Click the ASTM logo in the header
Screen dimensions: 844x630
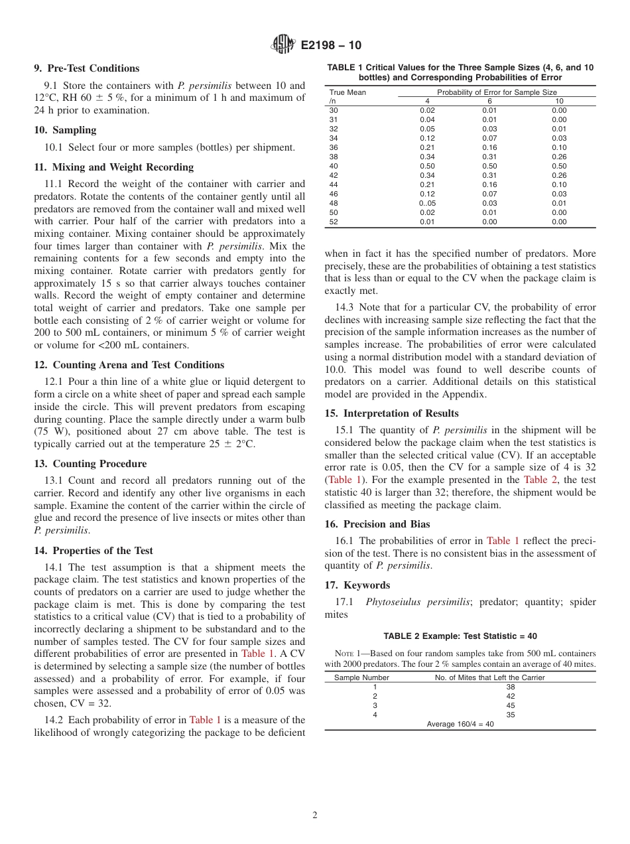pos(283,45)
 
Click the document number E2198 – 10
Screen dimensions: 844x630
pos(331,46)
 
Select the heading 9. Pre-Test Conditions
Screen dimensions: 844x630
pos(87,68)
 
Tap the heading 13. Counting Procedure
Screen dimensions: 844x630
pos(90,464)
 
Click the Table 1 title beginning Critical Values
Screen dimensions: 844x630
pos(460,72)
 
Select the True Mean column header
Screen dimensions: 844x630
pos(347,92)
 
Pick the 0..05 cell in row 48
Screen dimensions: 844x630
pos(427,203)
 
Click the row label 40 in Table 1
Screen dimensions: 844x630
pos(334,166)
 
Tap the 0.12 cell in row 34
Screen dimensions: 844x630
pos(427,138)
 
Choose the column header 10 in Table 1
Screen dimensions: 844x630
pos(559,101)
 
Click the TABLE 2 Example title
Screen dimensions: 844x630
pos(460,636)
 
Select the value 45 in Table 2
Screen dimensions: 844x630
pos(510,705)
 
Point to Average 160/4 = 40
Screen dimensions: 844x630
pos(460,724)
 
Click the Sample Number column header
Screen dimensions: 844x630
pos(361,677)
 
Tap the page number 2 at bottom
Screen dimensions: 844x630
pos(315,815)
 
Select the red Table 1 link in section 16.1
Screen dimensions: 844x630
pos(503,541)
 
